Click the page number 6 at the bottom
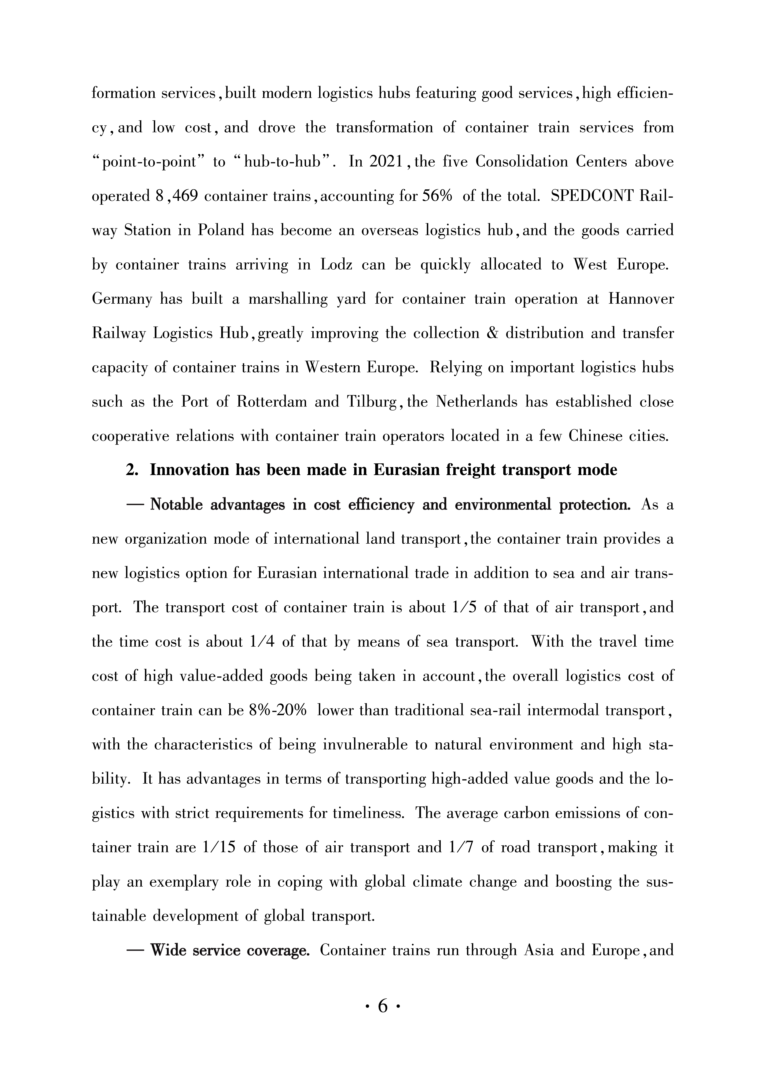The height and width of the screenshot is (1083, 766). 383,1007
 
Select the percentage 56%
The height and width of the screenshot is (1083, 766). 437,196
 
